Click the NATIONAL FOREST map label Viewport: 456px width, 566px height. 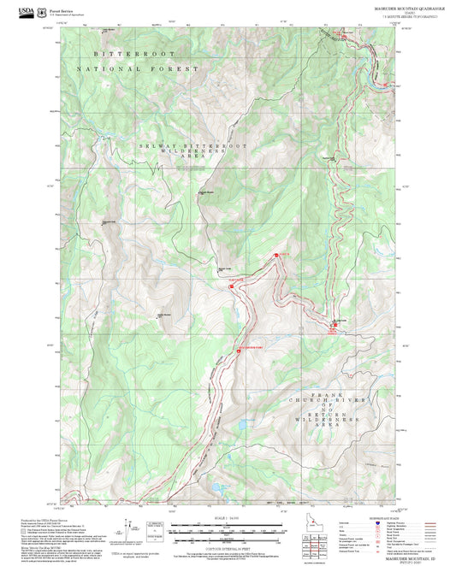point(137,68)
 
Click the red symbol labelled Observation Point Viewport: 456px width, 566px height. point(238,348)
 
